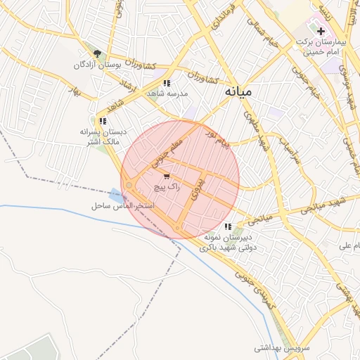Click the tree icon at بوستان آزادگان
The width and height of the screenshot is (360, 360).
97,53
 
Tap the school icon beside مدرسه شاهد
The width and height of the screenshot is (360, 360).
167,83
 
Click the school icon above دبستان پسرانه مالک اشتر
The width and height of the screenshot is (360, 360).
103,121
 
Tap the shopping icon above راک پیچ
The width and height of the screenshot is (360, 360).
167,176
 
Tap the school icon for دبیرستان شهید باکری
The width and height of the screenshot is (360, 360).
228,226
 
